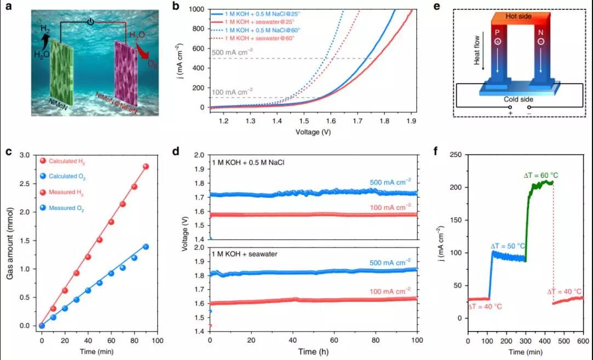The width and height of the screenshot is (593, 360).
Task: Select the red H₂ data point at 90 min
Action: [x=146, y=166]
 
